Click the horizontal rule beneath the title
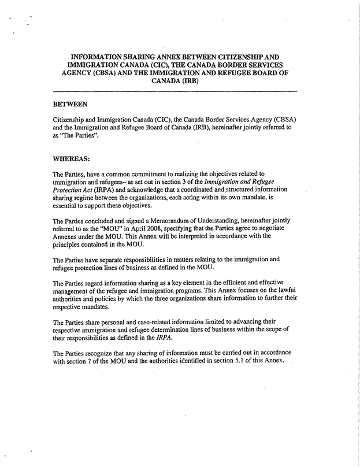point(175,92)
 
